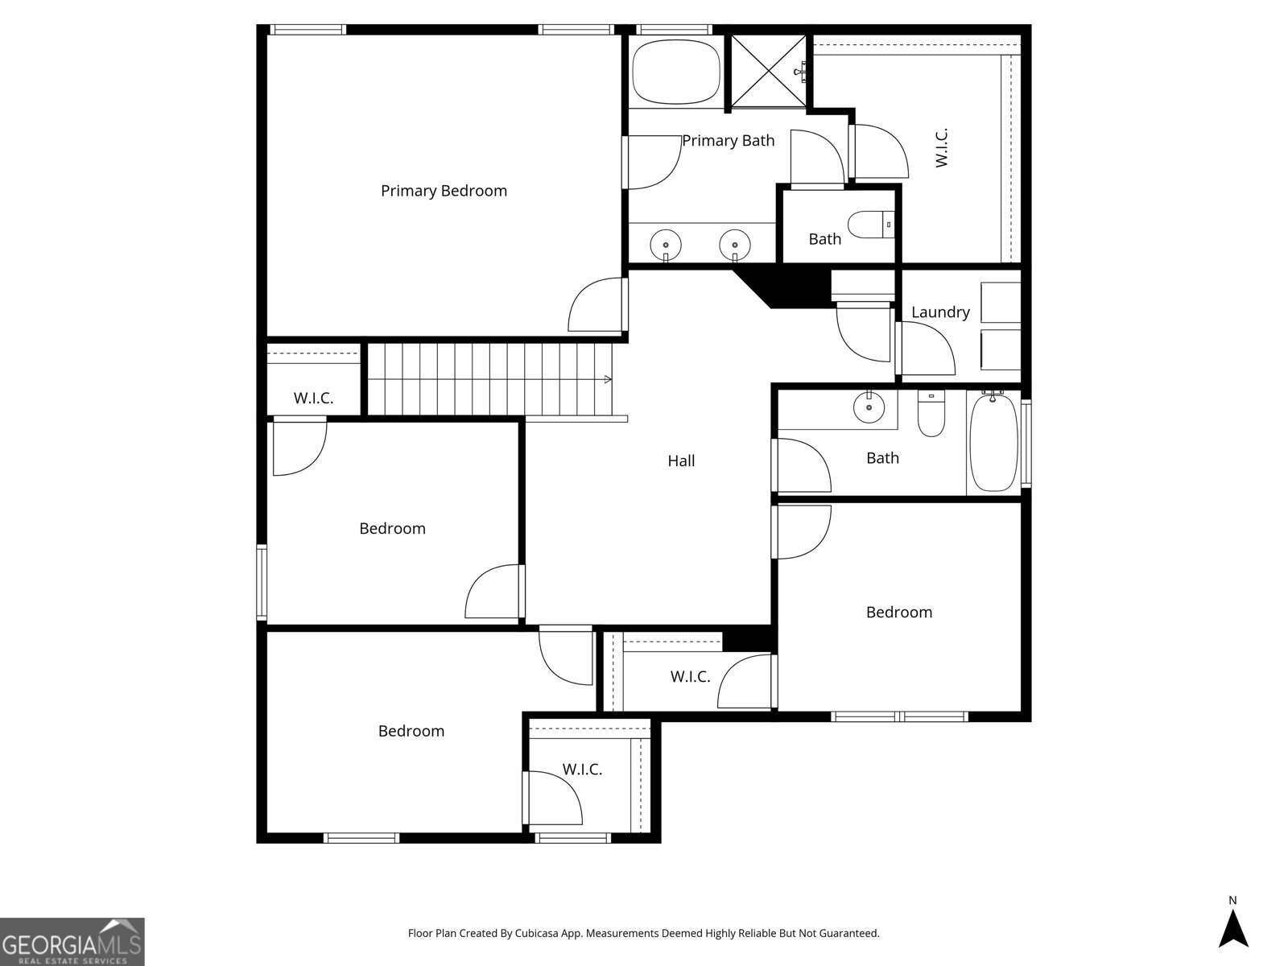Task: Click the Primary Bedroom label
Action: (444, 191)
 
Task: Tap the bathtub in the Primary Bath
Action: (675, 70)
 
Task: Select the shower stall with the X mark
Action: (767, 70)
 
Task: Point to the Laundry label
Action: (940, 312)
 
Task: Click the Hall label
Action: (681, 461)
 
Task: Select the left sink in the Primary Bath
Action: (666, 242)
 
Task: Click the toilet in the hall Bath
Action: (931, 415)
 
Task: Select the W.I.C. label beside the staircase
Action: (313, 398)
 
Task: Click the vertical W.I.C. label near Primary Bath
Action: (942, 147)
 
